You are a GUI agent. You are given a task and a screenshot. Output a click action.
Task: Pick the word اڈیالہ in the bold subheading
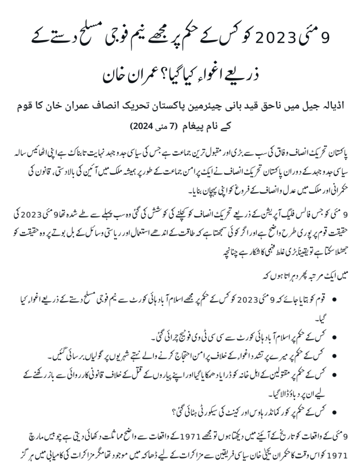(324, 109)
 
